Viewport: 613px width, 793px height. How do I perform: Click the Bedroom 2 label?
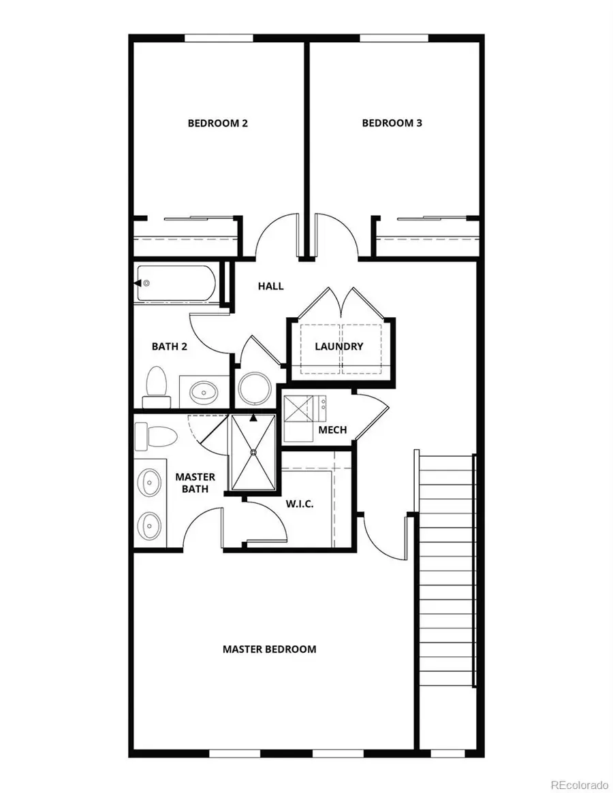[217, 123]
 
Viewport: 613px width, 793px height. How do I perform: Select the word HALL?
[270, 287]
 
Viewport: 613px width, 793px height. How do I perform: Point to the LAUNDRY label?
[339, 346]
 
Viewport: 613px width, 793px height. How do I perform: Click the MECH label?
[332, 430]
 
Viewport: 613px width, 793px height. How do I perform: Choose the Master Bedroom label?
[269, 649]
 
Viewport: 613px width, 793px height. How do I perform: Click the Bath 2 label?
[169, 346]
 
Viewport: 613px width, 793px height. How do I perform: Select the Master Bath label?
[195, 483]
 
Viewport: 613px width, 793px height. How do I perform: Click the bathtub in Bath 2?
[177, 283]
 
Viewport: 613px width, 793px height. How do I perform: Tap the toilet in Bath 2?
[156, 387]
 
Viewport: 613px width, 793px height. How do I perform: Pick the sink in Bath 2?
[204, 391]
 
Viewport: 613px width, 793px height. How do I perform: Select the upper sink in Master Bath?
[149, 483]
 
